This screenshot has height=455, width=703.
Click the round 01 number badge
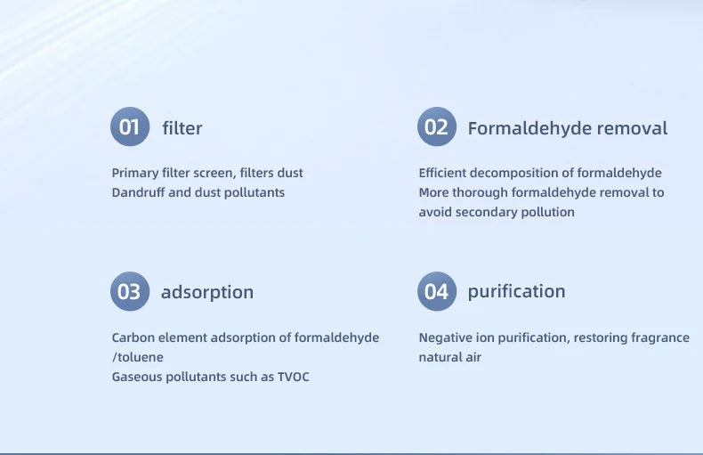130,127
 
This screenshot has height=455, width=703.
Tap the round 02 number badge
436,127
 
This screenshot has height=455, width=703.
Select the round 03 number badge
130,291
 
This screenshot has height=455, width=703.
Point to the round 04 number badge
436,291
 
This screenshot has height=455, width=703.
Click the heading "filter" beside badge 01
182,128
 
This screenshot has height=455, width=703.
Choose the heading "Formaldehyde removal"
567,128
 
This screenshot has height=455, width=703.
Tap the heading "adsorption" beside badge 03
207,292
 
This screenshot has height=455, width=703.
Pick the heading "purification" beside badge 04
516,291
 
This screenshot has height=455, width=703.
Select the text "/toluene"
137,357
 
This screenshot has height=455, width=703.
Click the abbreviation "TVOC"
293,377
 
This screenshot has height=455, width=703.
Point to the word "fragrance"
657,337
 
